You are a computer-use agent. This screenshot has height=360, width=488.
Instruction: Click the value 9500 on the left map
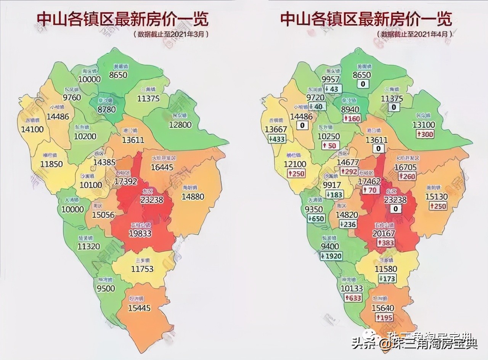point(106,288)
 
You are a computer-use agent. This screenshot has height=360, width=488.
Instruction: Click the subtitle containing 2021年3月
point(171,34)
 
